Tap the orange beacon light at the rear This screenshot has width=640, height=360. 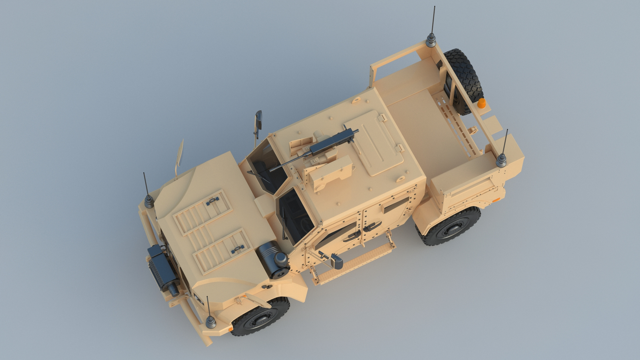coord(482,103)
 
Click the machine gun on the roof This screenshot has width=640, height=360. coord(320,147)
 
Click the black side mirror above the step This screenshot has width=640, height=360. coord(337,262)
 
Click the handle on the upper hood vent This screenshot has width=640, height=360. coord(212,201)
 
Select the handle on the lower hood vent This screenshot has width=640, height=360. coord(237,247)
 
